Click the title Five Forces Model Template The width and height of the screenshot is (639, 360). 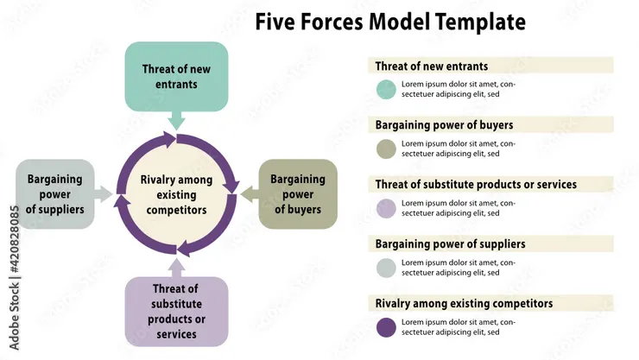pyautogui.click(x=390, y=21)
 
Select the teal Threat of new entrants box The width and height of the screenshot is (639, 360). pyautogui.click(x=175, y=76)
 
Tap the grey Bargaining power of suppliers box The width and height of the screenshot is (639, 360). pyautogui.click(x=54, y=193)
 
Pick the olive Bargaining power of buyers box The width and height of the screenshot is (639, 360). pyautogui.click(x=298, y=193)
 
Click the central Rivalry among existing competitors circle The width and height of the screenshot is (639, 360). pyautogui.click(x=177, y=193)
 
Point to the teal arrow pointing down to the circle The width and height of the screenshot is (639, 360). pyautogui.click(x=176, y=120)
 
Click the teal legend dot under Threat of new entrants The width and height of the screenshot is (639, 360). pyautogui.click(x=386, y=89)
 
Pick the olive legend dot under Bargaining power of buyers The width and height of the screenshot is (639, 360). pyautogui.click(x=386, y=148)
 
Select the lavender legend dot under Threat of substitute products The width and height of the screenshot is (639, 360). pyautogui.click(x=386, y=208)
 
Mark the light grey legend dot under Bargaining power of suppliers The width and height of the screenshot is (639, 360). pyautogui.click(x=386, y=268)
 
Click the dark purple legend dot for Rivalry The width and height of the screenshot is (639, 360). pyautogui.click(x=386, y=327)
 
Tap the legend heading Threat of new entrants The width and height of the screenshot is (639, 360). pyautogui.click(x=432, y=66)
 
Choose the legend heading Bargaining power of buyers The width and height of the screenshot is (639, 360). pyautogui.click(x=444, y=124)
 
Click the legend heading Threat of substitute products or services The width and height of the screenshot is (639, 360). pyautogui.click(x=476, y=184)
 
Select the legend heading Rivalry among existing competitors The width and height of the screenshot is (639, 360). pyautogui.click(x=464, y=303)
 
